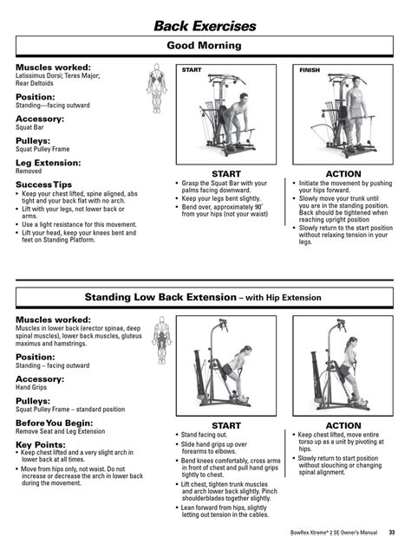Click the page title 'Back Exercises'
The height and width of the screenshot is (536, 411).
(205, 25)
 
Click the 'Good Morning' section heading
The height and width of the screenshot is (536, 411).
(205, 45)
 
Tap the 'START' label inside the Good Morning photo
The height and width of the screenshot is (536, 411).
(192, 68)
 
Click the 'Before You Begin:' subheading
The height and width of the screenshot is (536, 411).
(53, 422)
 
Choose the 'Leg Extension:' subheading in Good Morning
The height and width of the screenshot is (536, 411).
(49, 163)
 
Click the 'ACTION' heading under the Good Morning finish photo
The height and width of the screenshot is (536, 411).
(343, 174)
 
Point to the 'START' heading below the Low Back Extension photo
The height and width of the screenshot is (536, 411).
(226, 425)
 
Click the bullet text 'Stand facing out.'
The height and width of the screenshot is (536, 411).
(207, 435)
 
